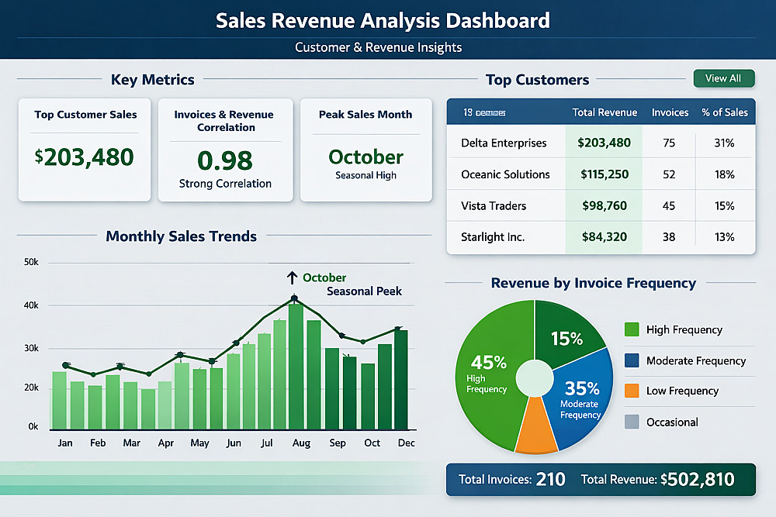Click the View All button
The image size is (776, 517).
pyautogui.click(x=722, y=78)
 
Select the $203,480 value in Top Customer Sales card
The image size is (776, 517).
pyautogui.click(x=85, y=157)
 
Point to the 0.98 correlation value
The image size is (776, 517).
pyautogui.click(x=225, y=160)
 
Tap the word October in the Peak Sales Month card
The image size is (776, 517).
pyautogui.click(x=365, y=157)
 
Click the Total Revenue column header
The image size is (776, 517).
pyautogui.click(x=605, y=112)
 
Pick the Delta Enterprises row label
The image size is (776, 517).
pyautogui.click(x=504, y=143)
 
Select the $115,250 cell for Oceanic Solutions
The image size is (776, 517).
pyautogui.click(x=605, y=174)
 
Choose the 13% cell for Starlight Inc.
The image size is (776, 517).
pyautogui.click(x=725, y=236)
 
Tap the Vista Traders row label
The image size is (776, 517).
pyautogui.click(x=494, y=205)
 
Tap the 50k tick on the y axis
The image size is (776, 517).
pyautogui.click(x=32, y=263)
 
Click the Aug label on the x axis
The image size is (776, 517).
pyautogui.click(x=301, y=443)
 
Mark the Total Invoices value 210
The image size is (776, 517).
pyautogui.click(x=551, y=480)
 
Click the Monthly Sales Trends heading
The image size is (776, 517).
pyautogui.click(x=181, y=236)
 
